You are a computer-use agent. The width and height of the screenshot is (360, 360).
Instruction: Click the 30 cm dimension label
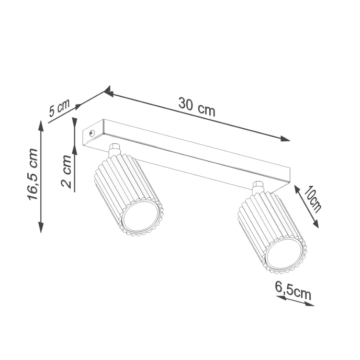pyautogui.click(x=196, y=107)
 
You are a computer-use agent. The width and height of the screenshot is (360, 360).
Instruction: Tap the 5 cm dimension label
pyautogui.click(x=59, y=109)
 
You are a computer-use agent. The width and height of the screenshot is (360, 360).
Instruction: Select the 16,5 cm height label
pyautogui.click(x=32, y=174)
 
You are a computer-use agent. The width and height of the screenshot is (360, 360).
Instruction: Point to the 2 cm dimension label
pyautogui.click(x=66, y=172)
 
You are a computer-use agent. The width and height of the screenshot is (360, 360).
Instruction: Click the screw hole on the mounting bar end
pyautogui.click(x=92, y=133)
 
